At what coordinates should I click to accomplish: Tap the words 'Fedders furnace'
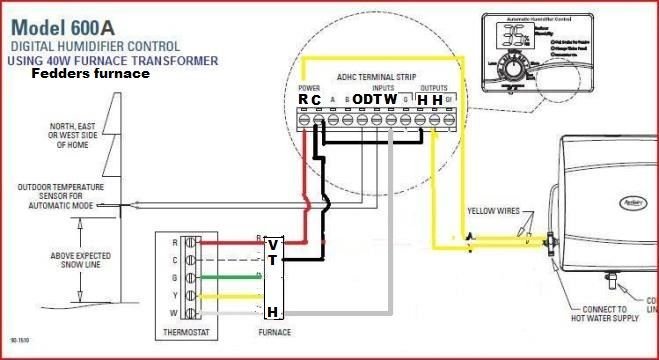pos(91,74)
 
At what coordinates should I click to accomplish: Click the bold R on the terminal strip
pos(303,100)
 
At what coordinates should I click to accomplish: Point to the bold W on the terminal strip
pos(390,100)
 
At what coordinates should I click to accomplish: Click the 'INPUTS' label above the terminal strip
pos(371,87)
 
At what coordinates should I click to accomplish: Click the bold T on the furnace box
pos(273,260)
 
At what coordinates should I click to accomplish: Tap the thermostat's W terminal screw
pos(200,315)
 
